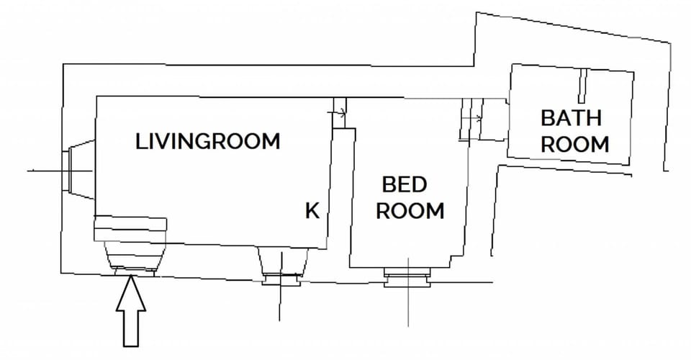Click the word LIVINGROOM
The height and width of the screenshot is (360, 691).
(x=207, y=141)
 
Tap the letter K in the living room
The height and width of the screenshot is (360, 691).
(x=312, y=210)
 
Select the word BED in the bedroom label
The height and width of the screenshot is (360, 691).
(x=404, y=185)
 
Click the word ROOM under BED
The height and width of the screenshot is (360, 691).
(x=410, y=211)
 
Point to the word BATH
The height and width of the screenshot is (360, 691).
(x=571, y=117)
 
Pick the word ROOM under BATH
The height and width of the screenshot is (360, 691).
(x=574, y=143)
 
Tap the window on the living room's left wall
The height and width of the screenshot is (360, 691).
(x=78, y=171)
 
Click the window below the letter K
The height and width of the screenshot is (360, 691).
(x=283, y=266)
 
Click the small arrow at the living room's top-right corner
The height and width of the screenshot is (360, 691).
(x=339, y=112)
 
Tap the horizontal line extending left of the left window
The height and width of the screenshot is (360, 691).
(x=45, y=171)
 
